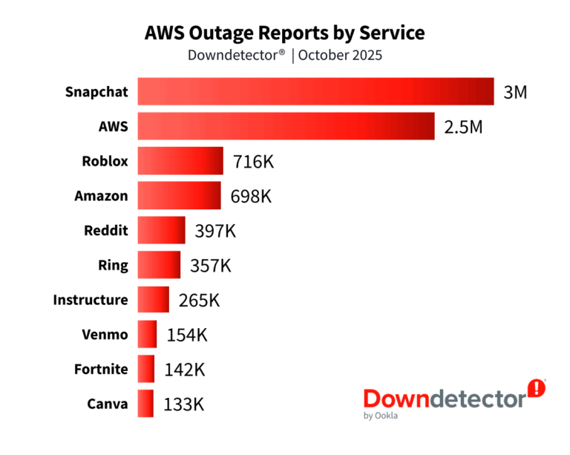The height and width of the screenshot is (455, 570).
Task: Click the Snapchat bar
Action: (x=315, y=91)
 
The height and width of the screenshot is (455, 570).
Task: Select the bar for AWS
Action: (x=286, y=126)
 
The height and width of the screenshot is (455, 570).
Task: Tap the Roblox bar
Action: (x=180, y=161)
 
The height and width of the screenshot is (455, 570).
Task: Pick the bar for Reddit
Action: (x=161, y=230)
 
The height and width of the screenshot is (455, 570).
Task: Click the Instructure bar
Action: (x=153, y=300)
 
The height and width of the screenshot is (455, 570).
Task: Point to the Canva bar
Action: (x=145, y=404)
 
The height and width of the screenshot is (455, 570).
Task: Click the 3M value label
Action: (x=515, y=93)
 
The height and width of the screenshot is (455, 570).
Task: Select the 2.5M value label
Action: (x=463, y=127)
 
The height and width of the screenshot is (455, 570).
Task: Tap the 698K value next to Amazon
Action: (x=251, y=196)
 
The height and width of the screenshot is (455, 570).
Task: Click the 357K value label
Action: (x=211, y=265)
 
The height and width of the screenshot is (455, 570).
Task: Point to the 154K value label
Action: (x=187, y=335)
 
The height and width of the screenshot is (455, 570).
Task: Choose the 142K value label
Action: (x=184, y=369)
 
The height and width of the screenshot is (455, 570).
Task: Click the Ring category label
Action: (x=113, y=265)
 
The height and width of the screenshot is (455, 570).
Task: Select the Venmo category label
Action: (x=105, y=335)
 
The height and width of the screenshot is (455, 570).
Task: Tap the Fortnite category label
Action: (x=101, y=369)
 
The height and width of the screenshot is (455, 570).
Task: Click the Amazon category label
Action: (x=101, y=196)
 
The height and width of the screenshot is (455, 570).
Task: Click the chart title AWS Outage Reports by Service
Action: (x=284, y=33)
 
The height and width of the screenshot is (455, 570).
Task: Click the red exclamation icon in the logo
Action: (x=536, y=387)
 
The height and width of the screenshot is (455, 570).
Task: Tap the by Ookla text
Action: (x=380, y=416)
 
